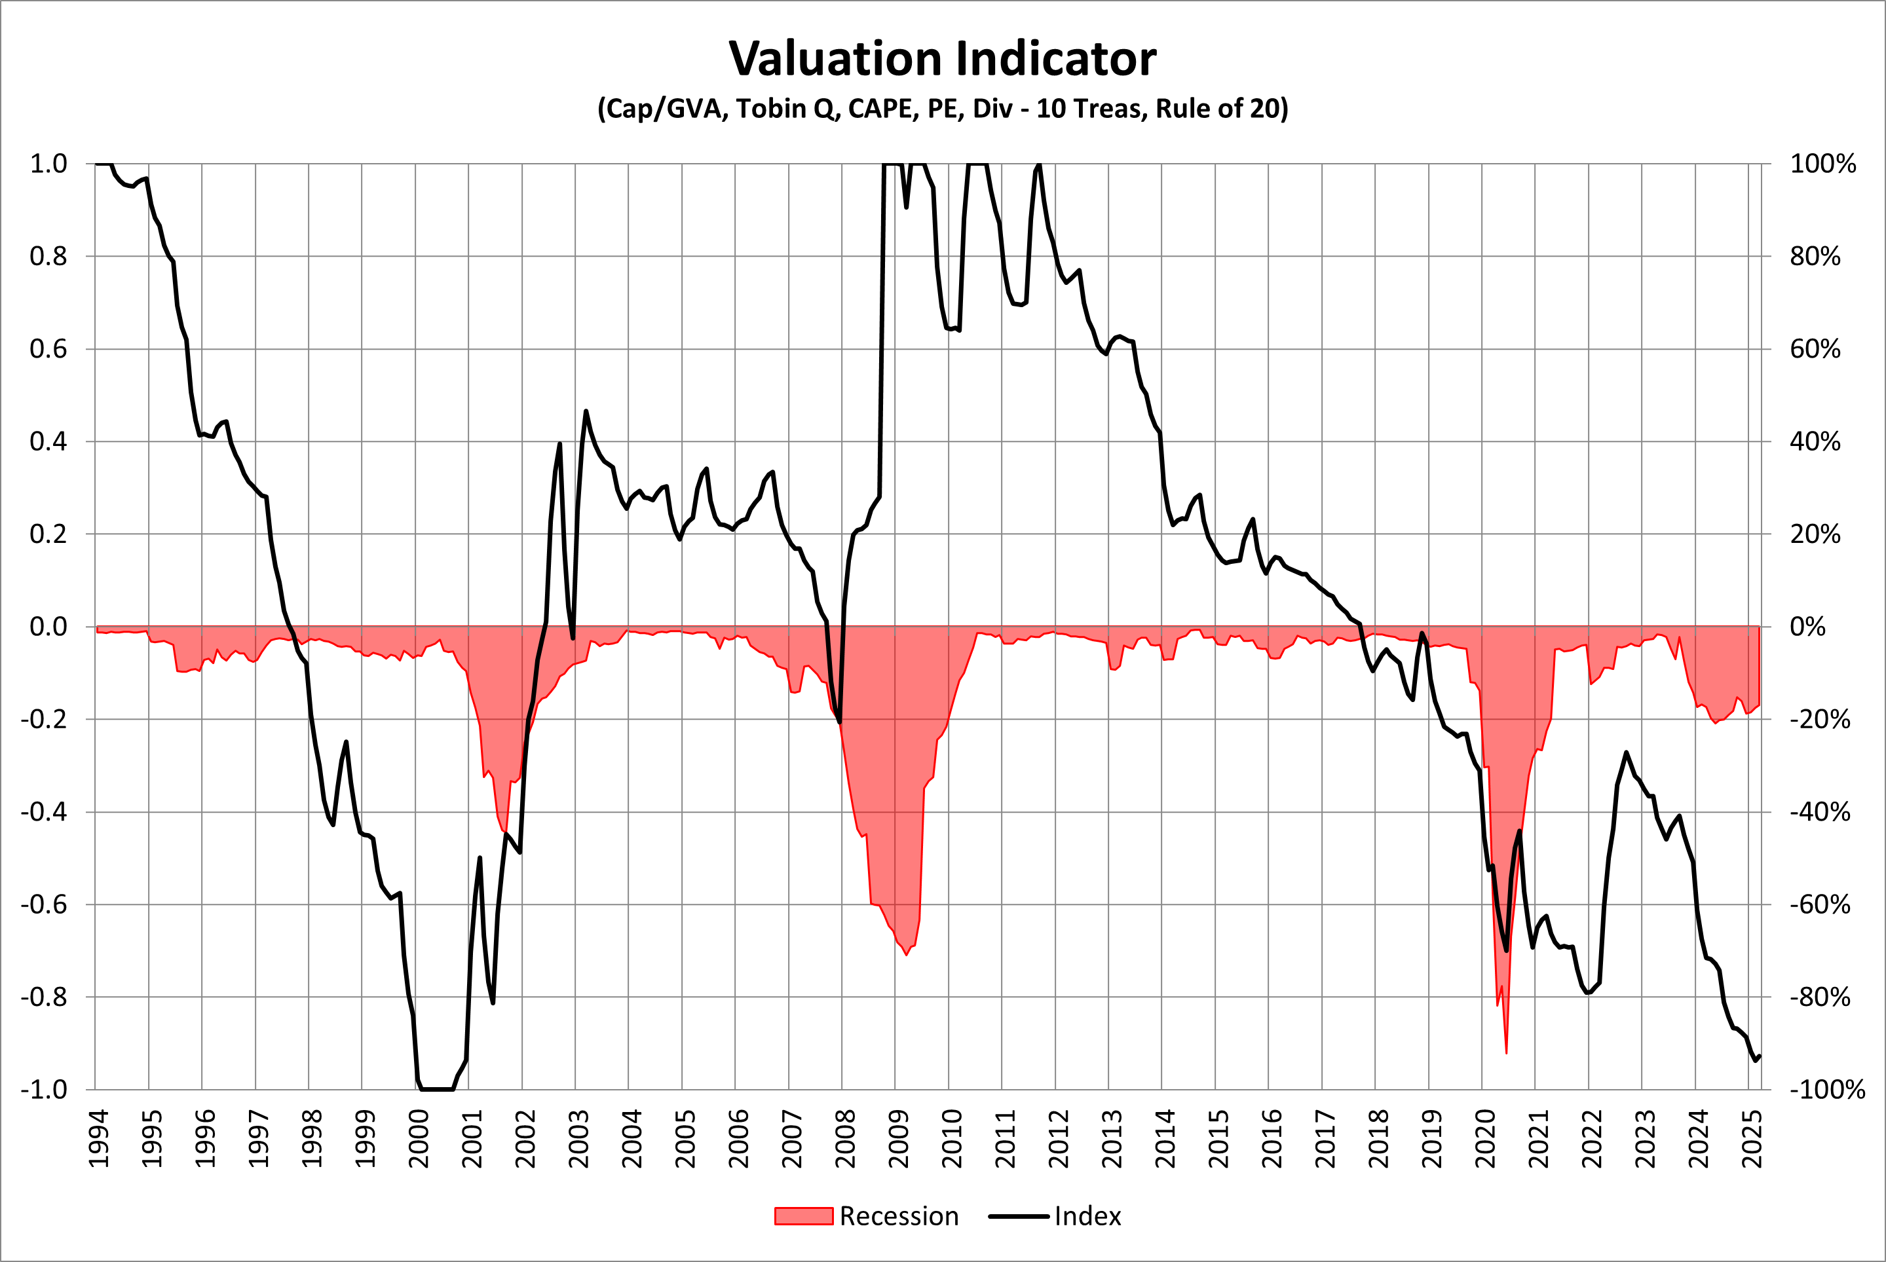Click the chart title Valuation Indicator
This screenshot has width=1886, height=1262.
[942, 59]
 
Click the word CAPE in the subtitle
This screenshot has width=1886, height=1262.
[880, 108]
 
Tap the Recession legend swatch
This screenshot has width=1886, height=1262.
[802, 1216]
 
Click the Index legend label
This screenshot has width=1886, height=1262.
[1087, 1216]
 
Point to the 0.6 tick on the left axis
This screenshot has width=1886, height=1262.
[48, 348]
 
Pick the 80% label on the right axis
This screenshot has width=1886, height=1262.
[1815, 256]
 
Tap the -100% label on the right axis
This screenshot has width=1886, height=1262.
[1826, 1090]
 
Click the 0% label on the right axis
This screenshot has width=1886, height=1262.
[1807, 626]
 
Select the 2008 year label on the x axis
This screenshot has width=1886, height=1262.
[845, 1138]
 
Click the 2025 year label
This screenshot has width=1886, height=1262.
[1752, 1138]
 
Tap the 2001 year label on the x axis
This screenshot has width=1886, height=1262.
[472, 1138]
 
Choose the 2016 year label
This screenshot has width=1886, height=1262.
[1272, 1138]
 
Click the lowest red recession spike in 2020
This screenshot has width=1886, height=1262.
[1506, 1052]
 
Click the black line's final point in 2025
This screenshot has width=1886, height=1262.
[1760, 1056]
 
